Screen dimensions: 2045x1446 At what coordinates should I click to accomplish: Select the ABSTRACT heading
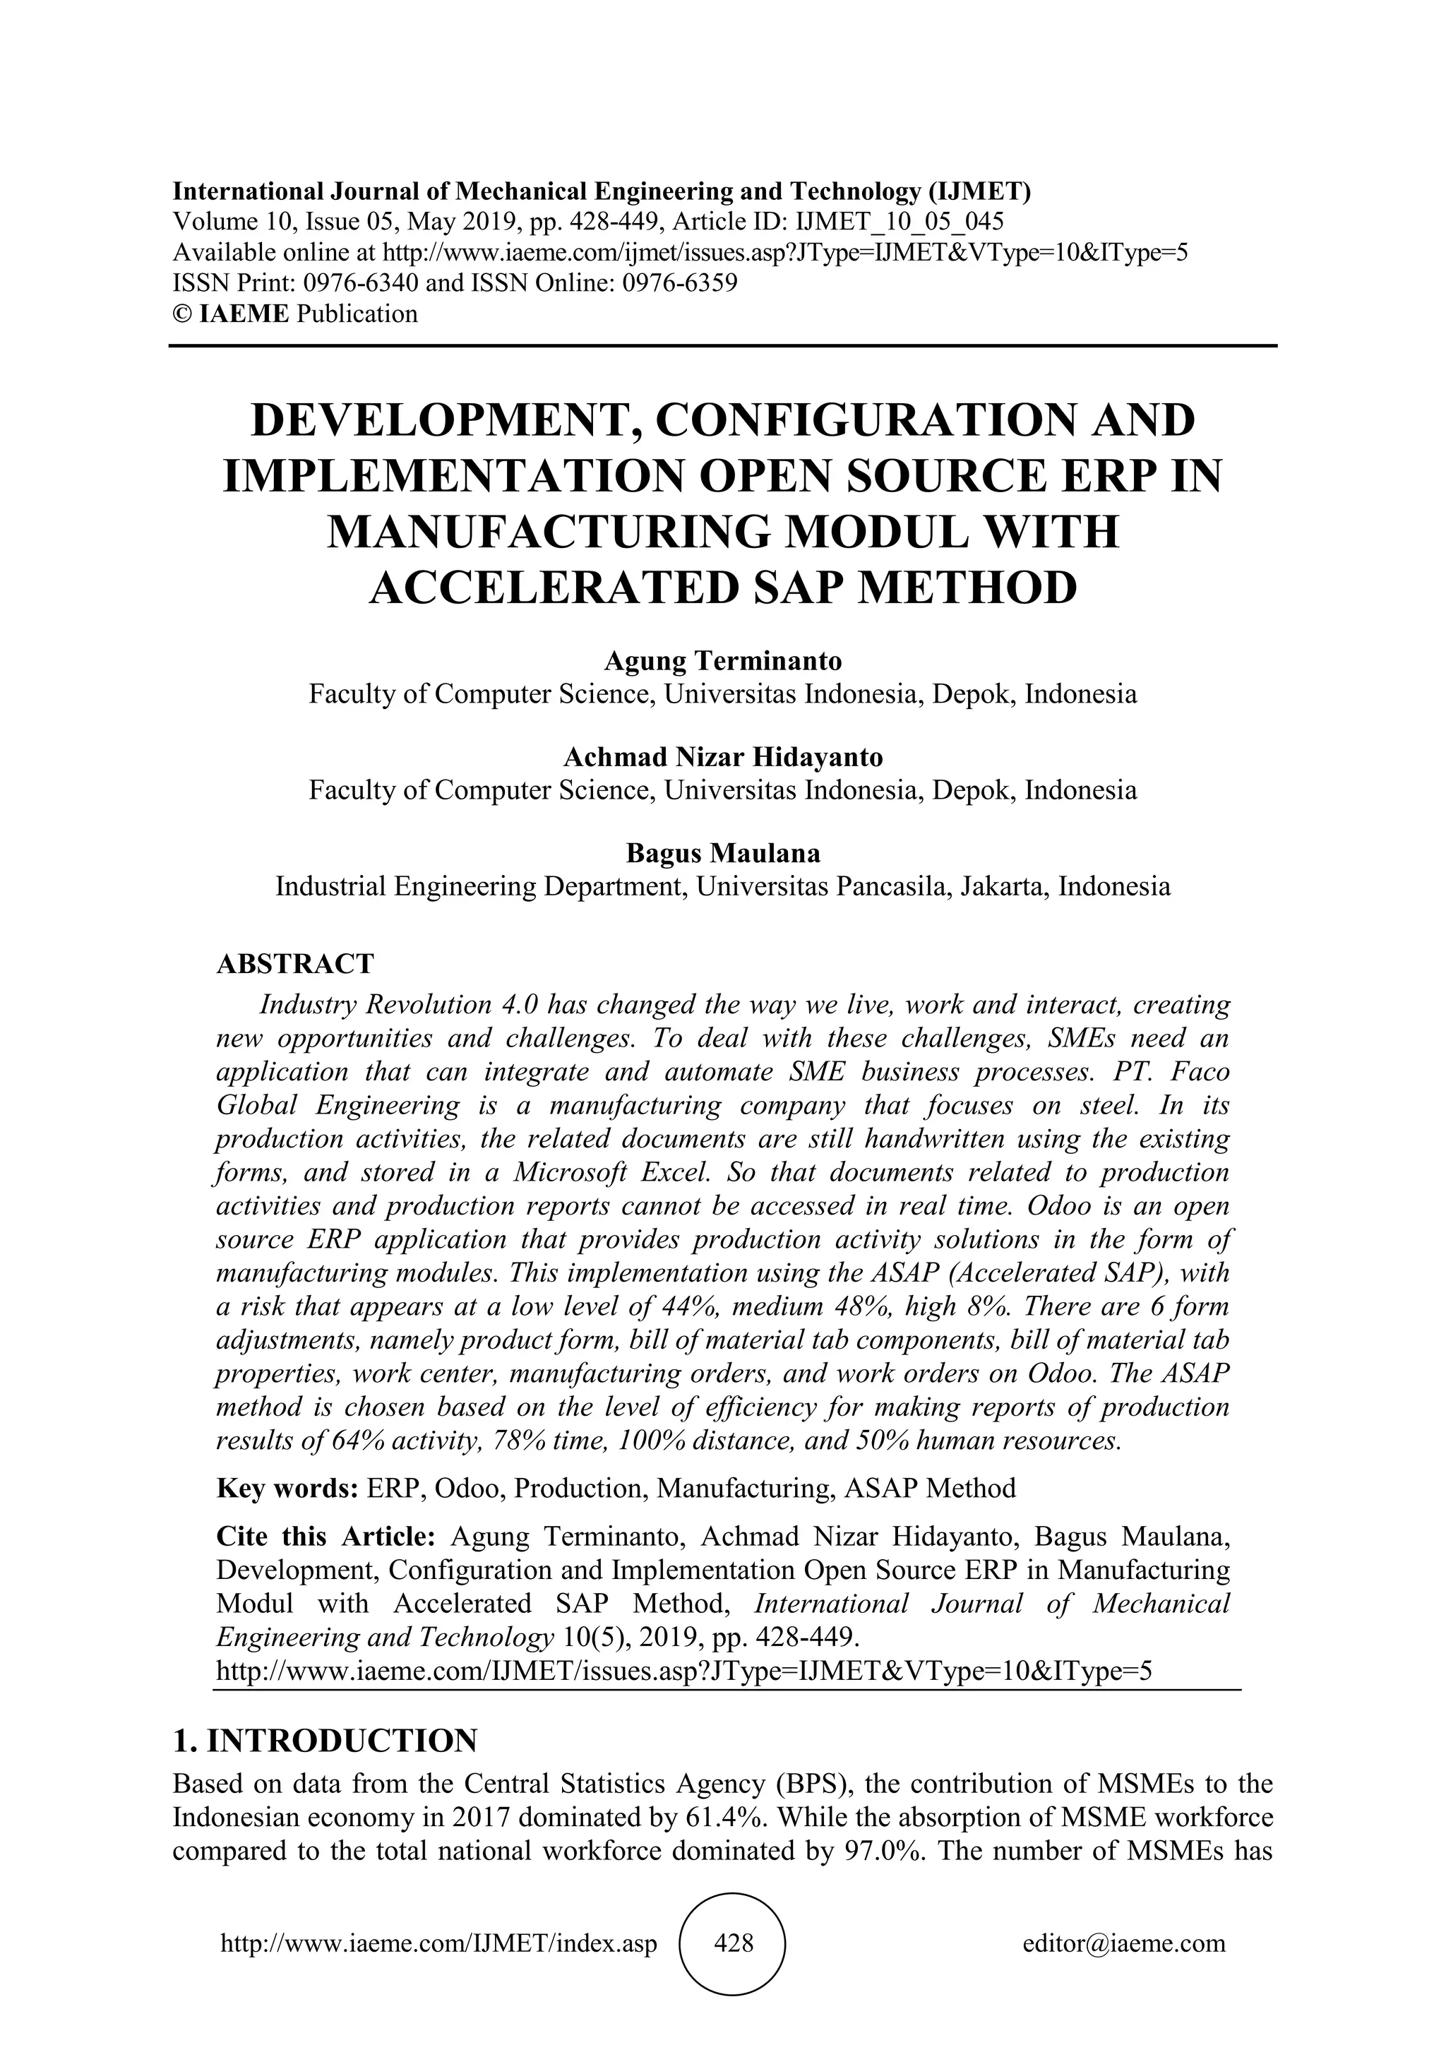coord(294,964)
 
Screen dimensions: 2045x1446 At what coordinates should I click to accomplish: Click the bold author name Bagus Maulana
coord(723,853)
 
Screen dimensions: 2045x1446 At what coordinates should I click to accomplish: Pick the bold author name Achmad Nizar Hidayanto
coord(723,757)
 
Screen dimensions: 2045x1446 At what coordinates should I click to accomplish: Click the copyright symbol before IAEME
coord(181,314)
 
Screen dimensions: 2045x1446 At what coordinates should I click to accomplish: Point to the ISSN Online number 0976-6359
coord(680,283)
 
